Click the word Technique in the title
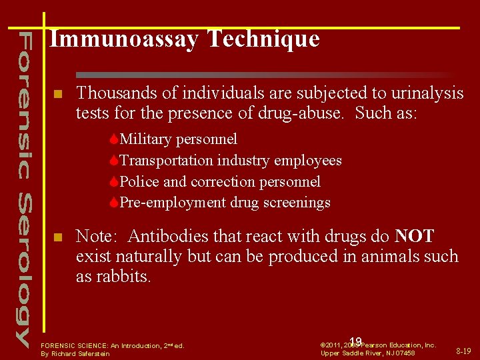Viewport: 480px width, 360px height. (x=263, y=39)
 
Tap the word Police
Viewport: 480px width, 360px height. (x=139, y=181)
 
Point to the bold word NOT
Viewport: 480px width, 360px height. (x=414, y=236)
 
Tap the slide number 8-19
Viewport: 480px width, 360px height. (x=463, y=350)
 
